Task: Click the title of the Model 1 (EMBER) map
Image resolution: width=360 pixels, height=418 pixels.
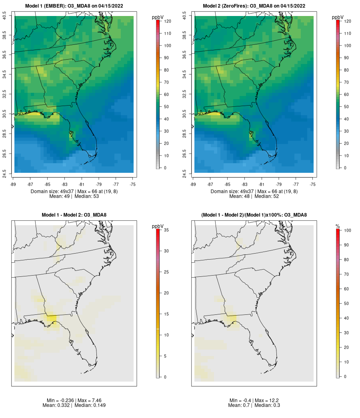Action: (74, 6)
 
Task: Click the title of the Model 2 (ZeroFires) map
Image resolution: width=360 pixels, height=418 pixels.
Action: (254, 6)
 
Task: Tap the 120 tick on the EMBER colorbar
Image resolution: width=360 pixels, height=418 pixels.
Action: (168, 21)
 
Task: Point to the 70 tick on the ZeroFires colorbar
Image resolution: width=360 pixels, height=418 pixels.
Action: (346, 82)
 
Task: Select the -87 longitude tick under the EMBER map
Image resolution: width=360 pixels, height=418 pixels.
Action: (30, 184)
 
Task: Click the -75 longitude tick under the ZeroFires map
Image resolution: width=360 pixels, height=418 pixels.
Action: (313, 184)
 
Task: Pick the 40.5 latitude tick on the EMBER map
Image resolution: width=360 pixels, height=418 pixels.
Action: (4, 16)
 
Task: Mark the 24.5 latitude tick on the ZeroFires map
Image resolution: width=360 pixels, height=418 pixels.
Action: (184, 174)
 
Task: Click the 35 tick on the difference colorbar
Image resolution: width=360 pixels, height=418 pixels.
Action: (166, 230)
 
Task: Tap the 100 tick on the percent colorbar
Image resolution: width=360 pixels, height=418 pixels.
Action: (348, 230)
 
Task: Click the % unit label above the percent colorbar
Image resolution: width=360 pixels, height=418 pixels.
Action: (338, 226)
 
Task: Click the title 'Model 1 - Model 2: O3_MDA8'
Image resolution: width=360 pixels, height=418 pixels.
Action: (74, 215)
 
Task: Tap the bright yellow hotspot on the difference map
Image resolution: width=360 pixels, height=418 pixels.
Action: (52, 319)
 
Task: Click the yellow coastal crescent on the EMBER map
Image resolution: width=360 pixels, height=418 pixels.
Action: (34, 114)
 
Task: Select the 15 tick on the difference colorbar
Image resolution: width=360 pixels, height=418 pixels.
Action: (166, 314)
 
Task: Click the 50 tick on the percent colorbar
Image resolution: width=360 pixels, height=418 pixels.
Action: (346, 303)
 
